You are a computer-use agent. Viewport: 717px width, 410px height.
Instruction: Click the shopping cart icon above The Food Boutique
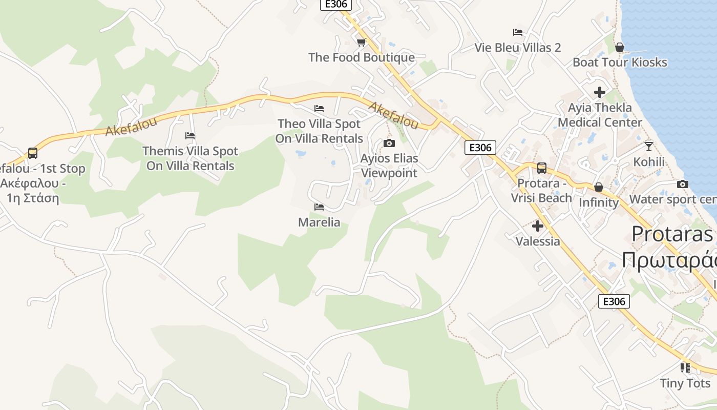361,42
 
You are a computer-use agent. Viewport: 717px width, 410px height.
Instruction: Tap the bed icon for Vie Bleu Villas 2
518,32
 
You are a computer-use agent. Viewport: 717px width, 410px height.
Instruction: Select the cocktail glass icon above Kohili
649,146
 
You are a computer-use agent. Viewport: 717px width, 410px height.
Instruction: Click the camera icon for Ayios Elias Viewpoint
389,143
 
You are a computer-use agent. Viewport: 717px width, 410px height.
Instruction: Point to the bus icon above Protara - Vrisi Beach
541,168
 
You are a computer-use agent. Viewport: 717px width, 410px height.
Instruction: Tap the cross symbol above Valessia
538,225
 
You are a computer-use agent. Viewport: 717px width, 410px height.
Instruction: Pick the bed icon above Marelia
319,207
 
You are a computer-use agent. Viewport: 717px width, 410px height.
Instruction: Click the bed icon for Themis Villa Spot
190,136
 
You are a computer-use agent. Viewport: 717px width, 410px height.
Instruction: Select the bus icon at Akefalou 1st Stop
32,153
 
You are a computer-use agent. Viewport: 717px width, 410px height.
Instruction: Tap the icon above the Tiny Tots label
685,367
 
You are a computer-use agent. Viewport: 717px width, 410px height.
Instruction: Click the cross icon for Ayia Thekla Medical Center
600,92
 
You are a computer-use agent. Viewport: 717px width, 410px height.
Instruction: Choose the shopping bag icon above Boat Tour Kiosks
620,47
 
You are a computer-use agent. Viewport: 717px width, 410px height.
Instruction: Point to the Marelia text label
319,222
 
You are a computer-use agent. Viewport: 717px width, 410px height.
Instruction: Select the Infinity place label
599,202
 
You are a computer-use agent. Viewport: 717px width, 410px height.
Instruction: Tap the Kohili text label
649,162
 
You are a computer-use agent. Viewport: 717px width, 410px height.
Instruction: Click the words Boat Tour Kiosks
620,63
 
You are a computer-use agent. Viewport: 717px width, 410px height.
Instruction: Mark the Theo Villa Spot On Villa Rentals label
319,131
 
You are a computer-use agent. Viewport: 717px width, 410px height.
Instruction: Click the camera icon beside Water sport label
682,184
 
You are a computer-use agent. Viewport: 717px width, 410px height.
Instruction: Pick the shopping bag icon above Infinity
599,187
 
